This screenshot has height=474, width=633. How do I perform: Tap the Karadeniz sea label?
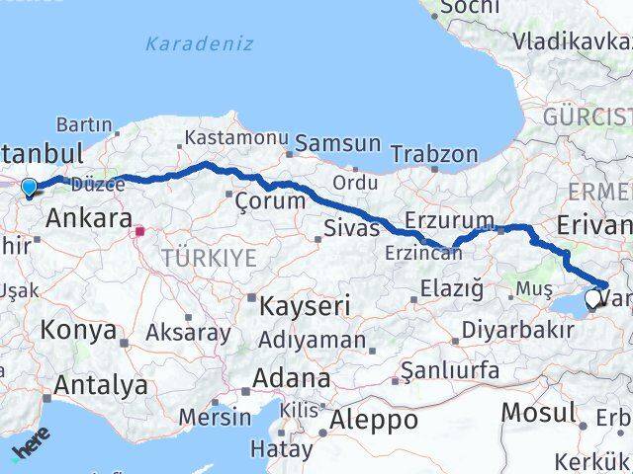coord(199,44)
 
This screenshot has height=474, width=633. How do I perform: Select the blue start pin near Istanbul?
coord(29,188)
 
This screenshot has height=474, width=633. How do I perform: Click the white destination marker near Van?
coord(592,298)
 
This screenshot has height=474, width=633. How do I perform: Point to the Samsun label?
coord(337,143)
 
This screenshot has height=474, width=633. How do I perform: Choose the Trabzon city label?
coord(434,154)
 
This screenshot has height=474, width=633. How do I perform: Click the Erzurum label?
coord(450,218)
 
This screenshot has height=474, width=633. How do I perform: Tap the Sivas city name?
coord(351,230)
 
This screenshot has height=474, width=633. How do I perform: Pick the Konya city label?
coord(78,330)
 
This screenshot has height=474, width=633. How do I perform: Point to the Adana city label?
coord(291,378)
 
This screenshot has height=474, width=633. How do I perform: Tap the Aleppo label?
coord(375,420)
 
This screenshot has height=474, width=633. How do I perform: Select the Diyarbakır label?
coord(518,330)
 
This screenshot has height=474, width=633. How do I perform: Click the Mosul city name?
coord(538,411)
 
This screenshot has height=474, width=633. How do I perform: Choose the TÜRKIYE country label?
coord(209,259)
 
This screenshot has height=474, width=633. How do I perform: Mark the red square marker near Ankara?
coord(140,231)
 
